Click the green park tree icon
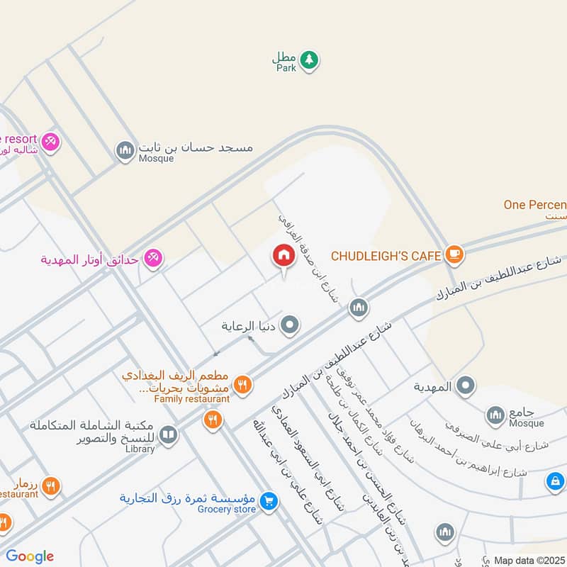coord(308,60)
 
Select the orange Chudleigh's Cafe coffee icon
coord(454,254)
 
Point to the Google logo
coord(29,556)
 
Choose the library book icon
coord(168,434)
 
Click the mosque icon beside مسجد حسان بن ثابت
coord(125,150)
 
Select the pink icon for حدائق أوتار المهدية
coord(152,259)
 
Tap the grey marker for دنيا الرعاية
coord(289,326)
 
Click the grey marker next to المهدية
coord(466,386)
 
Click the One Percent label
coord(534,205)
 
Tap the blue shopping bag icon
coord(555,482)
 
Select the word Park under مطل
coord(286,69)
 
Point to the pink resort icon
coord(50,141)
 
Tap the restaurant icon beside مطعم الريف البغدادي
coord(242,384)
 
